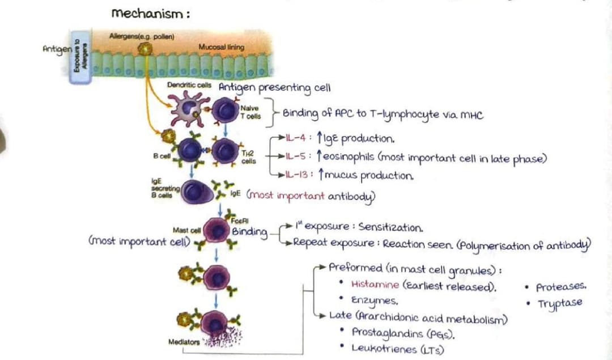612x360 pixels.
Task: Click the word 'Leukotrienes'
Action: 384,348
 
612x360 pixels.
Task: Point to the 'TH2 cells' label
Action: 249,156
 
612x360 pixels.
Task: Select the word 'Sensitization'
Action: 390,228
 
